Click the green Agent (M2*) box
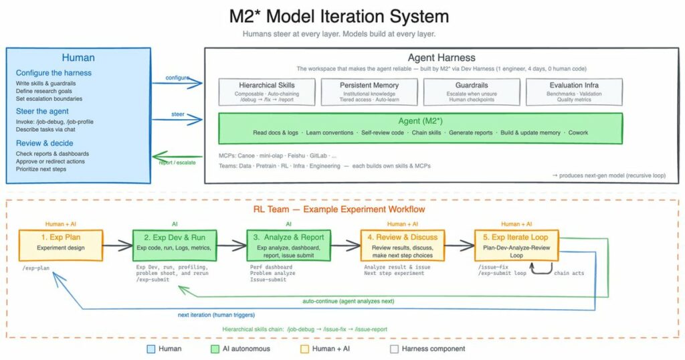pos(421,128)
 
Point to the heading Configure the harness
pos(54,73)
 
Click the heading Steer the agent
pos(42,111)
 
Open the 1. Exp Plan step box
pos(61,246)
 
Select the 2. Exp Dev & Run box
pos(174,246)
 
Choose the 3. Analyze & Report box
pos(290,246)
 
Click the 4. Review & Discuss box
pos(399,246)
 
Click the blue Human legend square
pos(151,349)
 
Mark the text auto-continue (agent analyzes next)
pos(349,301)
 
